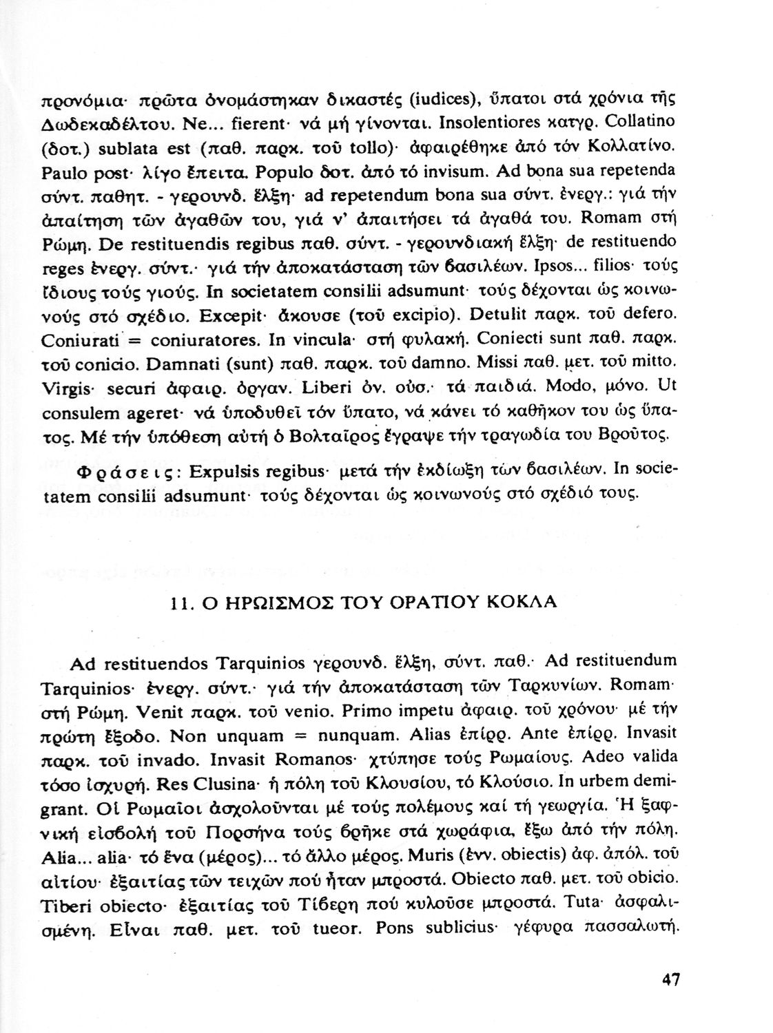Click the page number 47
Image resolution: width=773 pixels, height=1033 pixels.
point(668,979)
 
